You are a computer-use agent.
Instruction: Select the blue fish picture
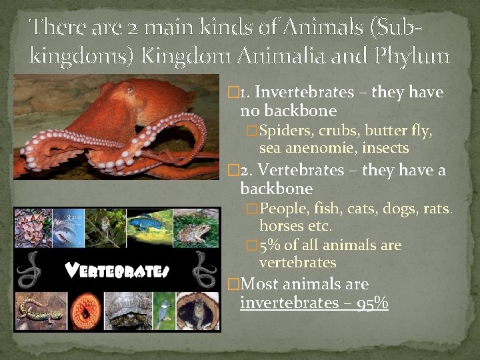tap(148, 226)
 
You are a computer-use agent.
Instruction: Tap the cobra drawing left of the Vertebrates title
tap(30, 271)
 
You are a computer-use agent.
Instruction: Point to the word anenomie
tap(315, 148)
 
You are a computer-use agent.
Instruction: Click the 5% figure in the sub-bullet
tap(270, 245)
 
